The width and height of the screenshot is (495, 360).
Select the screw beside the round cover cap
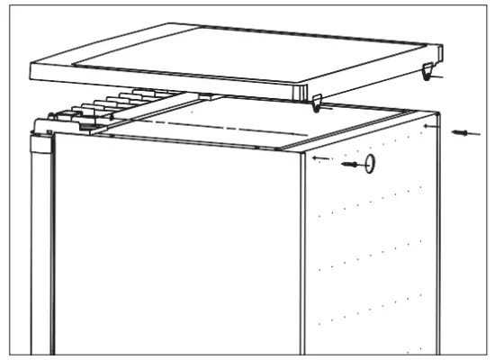353,165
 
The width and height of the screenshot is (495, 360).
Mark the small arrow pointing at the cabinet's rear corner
433,129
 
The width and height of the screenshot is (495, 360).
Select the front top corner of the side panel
302,150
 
